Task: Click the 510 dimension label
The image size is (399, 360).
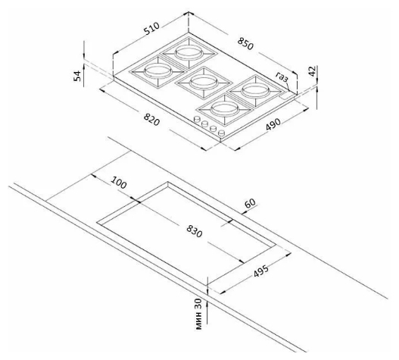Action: tap(151, 28)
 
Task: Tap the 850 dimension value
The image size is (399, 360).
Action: tap(245, 43)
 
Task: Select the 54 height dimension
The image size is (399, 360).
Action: tap(77, 76)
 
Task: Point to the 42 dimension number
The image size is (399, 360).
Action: tap(312, 71)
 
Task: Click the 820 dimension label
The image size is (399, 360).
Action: tap(151, 120)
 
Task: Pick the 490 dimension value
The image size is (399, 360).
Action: tap(273, 124)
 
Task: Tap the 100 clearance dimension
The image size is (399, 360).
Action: tap(119, 183)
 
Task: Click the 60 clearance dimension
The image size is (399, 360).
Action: tap(250, 203)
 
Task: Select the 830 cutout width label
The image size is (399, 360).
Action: tap(195, 231)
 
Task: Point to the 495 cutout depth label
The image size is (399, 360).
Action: tap(261, 271)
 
